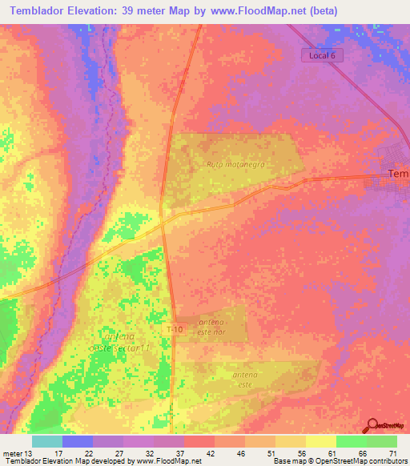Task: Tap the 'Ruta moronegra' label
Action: click(235, 164)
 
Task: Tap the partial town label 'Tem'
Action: click(397, 174)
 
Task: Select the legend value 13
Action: click(27, 452)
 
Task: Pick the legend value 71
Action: click(392, 452)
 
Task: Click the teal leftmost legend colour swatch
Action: click(47, 441)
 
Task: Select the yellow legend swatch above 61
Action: click(320, 441)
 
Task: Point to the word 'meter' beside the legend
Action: click(10, 452)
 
